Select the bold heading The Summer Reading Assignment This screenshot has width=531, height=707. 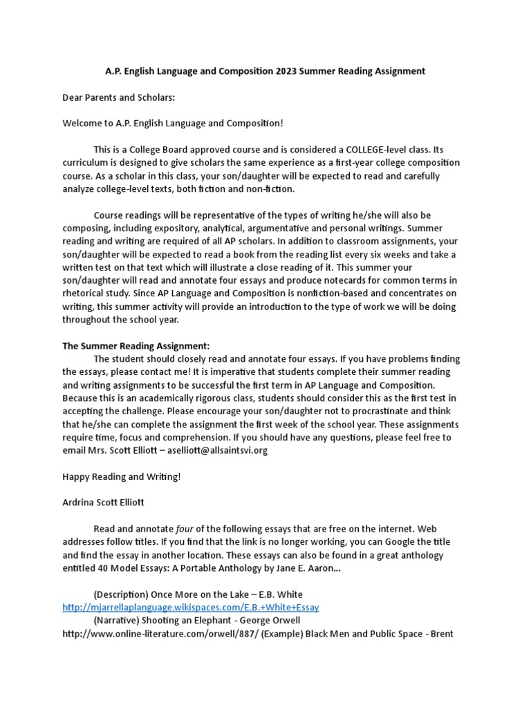136,346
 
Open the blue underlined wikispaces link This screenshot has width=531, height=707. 191,608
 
